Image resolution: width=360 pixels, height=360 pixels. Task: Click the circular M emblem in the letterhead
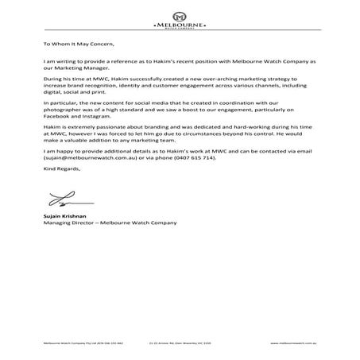click(179, 16)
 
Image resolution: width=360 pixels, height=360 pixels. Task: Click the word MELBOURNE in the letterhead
click(179, 26)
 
